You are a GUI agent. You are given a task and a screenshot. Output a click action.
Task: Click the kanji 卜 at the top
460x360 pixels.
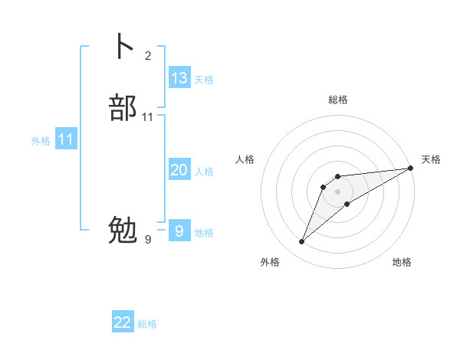point(122,47)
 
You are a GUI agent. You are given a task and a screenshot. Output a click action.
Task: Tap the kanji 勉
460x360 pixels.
point(123,229)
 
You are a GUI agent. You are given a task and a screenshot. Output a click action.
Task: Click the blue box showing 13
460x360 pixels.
point(179,78)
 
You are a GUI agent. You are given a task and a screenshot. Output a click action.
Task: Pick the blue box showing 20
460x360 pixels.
point(179,171)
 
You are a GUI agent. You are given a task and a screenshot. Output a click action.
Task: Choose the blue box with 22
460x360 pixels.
point(123,322)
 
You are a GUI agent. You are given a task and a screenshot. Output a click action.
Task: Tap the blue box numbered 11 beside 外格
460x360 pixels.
point(66,140)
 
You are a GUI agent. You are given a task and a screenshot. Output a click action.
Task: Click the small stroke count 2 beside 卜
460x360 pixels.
point(148,56)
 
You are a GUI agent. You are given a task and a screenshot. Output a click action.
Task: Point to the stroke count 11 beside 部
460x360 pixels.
point(148,117)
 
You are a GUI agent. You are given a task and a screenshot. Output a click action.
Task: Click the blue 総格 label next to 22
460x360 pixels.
point(147,324)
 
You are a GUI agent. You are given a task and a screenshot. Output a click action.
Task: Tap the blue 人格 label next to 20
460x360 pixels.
point(204,172)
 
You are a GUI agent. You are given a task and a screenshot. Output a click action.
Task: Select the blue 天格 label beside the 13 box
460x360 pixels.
point(204,79)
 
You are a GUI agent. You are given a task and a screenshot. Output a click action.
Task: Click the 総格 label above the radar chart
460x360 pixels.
point(338,100)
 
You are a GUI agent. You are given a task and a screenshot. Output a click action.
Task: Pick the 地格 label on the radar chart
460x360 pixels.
point(402,262)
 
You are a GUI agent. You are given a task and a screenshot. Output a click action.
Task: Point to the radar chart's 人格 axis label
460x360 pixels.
point(245,159)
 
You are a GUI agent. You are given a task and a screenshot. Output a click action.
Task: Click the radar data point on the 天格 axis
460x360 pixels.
point(410,168)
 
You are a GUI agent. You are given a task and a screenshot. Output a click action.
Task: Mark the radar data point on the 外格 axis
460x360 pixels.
point(302,242)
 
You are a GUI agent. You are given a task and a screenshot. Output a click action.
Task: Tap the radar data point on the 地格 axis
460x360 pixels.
point(347,204)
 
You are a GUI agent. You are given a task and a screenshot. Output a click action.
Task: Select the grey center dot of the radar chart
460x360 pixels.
point(338,191)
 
